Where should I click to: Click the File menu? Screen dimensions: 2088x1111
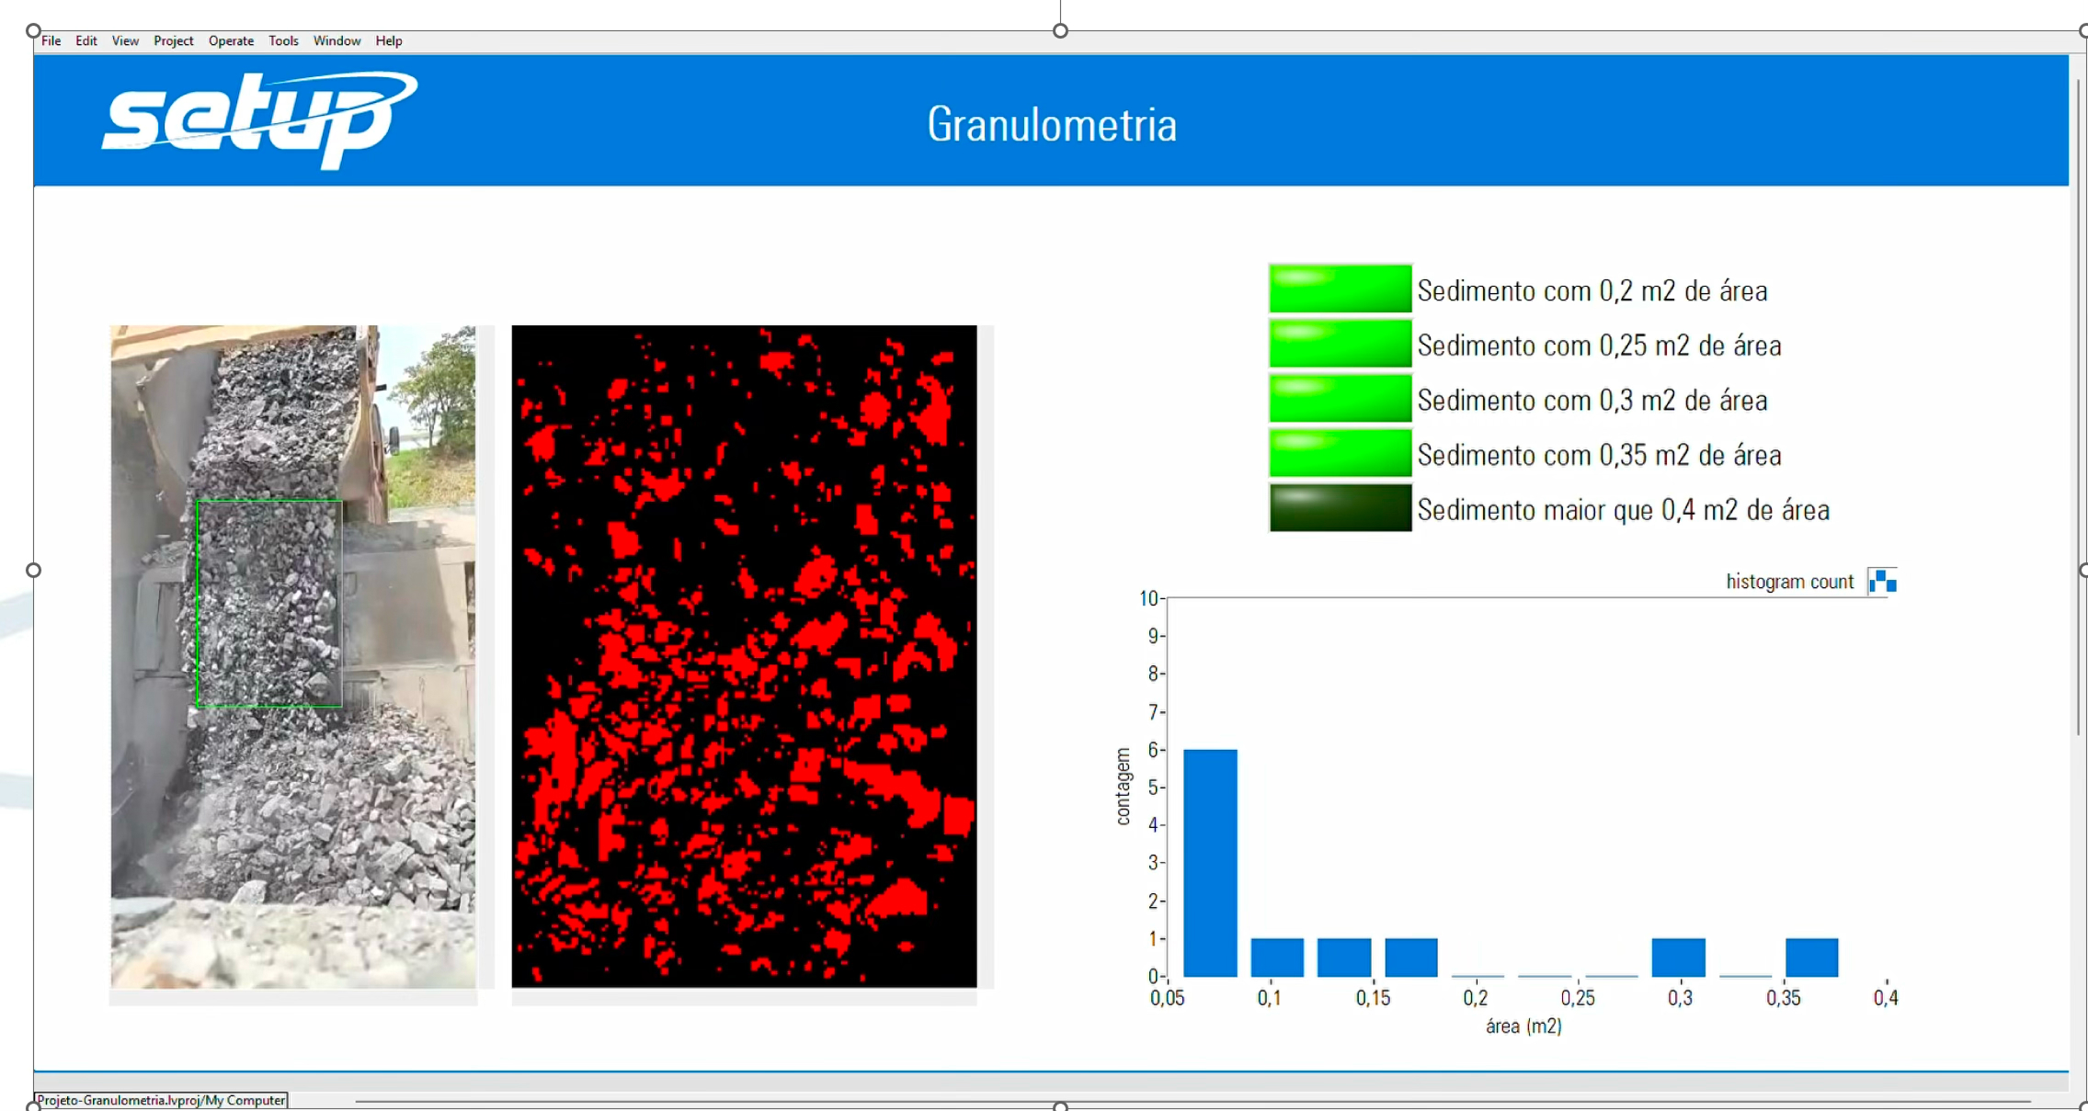coord(51,40)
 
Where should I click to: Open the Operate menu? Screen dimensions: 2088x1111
coord(231,40)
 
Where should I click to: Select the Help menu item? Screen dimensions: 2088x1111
coord(389,40)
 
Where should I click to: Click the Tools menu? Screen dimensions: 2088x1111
coord(283,40)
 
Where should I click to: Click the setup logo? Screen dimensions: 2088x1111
coord(259,119)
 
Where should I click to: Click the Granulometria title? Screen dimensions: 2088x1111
coord(1052,124)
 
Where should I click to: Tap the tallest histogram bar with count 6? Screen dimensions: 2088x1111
coord(1210,863)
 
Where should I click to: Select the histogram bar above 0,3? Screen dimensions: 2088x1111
coord(1678,958)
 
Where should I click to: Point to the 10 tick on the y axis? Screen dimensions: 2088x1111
coord(1148,598)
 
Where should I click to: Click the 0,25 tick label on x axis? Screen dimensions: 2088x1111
coord(1578,998)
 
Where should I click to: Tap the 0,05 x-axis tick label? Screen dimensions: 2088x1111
coord(1167,998)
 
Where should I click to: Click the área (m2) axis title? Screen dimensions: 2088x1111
coord(1523,1026)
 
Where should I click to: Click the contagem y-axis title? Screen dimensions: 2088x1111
coord(1123,787)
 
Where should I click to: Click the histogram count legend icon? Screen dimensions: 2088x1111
coord(1882,581)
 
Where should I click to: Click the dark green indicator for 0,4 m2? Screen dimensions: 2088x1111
coord(1340,507)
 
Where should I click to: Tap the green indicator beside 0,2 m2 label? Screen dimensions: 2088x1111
coord(1340,289)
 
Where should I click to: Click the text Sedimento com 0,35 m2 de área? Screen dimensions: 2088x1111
coord(1599,455)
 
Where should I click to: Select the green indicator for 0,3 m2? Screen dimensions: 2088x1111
coord(1340,398)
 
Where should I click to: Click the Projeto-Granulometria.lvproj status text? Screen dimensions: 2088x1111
coord(161,1100)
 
